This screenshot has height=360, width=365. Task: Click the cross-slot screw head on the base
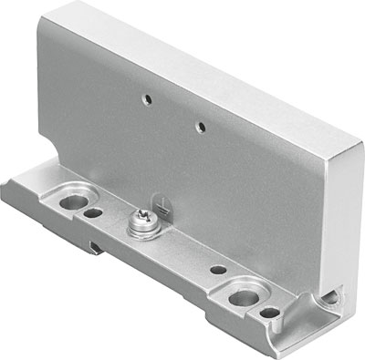pyautogui.click(x=144, y=220)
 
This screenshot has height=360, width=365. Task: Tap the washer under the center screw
pyautogui.click(x=144, y=224)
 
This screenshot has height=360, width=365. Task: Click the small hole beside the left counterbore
pyautogui.click(x=93, y=214)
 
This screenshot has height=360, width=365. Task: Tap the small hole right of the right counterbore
pyautogui.click(x=270, y=313)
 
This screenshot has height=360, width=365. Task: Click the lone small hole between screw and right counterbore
pyautogui.click(x=217, y=270)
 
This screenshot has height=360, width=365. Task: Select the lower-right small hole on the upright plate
pyautogui.click(x=198, y=120)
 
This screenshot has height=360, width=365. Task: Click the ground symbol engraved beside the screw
pyautogui.click(x=161, y=204)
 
